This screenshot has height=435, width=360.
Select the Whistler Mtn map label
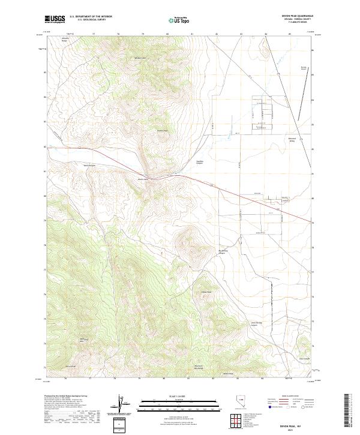click(140, 58)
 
